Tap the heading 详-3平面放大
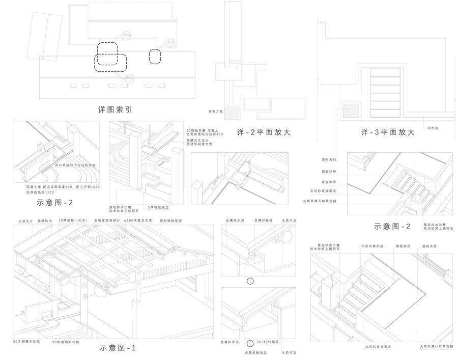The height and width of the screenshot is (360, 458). coord(388,131)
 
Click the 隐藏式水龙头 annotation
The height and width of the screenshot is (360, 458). coord(198,140)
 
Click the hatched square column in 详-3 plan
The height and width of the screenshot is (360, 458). coord(350,112)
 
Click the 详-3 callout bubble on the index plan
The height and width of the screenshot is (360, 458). coord(170,42)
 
